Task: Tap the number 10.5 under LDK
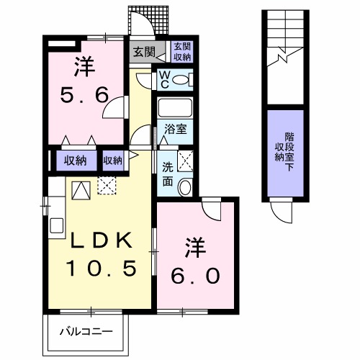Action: coord(102,268)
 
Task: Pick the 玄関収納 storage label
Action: coord(181,53)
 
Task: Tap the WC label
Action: coord(163,78)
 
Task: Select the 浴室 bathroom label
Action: coord(175,130)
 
